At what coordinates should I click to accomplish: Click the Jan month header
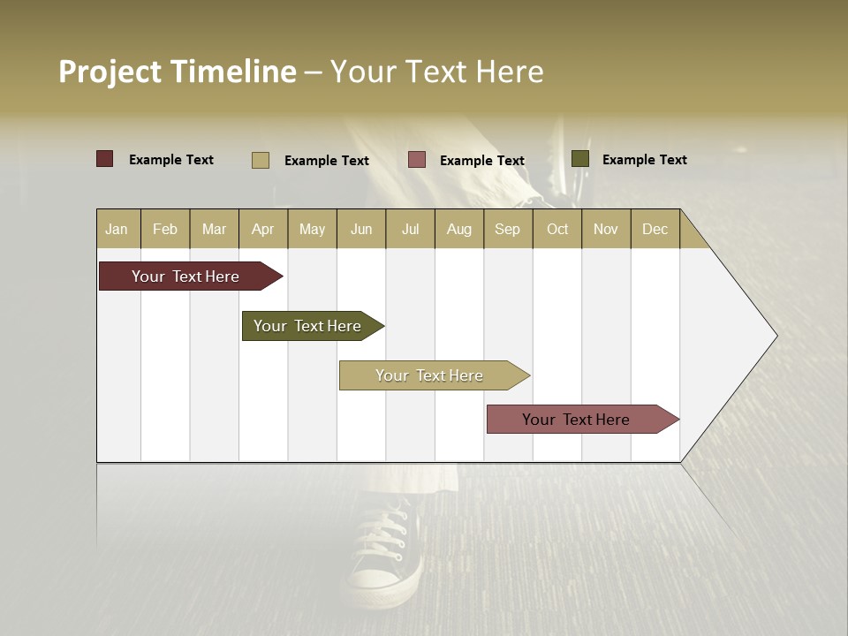[117, 229]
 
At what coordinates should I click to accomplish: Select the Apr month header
[262, 229]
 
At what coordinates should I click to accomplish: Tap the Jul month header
[410, 229]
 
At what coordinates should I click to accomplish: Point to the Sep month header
[507, 229]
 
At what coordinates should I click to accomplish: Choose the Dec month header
[655, 229]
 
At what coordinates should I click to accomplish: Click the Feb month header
[165, 229]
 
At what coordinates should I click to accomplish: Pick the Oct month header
[557, 229]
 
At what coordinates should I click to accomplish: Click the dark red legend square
[104, 159]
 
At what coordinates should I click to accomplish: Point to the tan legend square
[260, 160]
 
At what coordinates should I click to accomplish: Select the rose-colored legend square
[417, 159]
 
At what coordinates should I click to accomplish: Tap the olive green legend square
[579, 159]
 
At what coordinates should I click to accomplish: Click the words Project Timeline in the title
[178, 72]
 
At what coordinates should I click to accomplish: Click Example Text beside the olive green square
[644, 160]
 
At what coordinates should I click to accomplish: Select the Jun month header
[361, 229]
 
